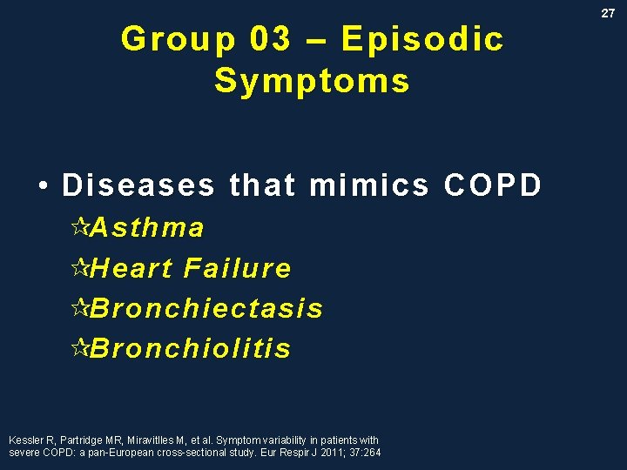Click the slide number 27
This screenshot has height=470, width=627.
(x=608, y=13)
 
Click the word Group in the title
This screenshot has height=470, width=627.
(x=178, y=39)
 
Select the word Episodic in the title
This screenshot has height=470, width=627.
(x=422, y=39)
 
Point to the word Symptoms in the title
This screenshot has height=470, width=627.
(x=312, y=81)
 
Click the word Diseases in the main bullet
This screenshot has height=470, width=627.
(x=138, y=185)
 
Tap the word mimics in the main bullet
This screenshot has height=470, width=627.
(x=369, y=185)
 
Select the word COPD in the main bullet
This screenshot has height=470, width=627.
(x=493, y=185)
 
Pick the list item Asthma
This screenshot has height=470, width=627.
(x=147, y=228)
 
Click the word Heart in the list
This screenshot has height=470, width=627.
(x=131, y=268)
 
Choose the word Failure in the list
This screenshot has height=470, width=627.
(x=238, y=268)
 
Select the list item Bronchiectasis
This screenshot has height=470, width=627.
(x=206, y=308)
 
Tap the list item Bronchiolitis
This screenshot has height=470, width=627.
(x=190, y=348)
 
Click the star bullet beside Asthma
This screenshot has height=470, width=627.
(x=80, y=228)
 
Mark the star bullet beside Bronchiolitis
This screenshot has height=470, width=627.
(x=80, y=348)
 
